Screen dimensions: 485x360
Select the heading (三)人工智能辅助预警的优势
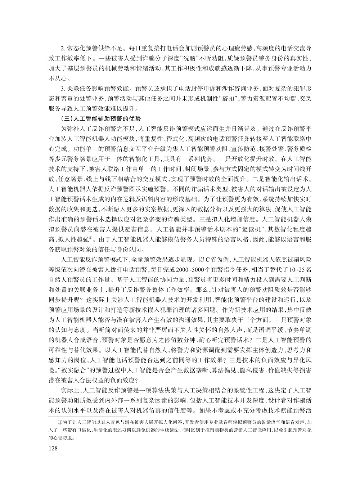(95, 118)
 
